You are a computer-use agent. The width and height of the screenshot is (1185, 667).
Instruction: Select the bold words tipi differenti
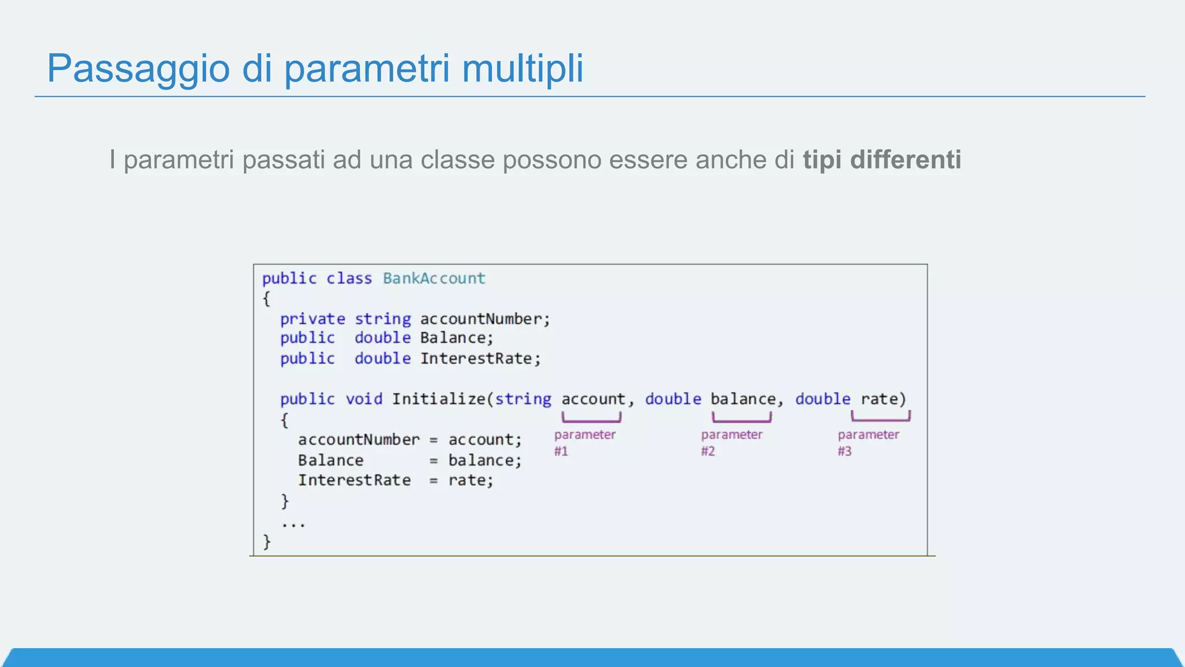882,160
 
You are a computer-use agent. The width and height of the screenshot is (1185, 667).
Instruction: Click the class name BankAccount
434,278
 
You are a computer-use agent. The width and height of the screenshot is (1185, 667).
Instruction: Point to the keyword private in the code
312,319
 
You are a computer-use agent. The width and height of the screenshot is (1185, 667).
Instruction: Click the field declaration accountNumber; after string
485,319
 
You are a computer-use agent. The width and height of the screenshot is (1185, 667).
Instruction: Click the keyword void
364,399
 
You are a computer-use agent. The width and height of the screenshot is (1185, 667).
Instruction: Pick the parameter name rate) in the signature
883,399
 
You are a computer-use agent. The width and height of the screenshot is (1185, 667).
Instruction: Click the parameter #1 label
584,442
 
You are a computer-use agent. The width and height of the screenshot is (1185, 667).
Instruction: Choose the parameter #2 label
731,442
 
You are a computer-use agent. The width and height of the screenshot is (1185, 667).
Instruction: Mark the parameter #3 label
868,442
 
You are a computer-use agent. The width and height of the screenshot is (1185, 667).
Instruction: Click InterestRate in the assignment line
354,481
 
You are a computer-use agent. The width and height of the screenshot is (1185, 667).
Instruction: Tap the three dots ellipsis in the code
293,525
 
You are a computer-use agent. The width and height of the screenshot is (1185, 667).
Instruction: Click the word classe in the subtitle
458,160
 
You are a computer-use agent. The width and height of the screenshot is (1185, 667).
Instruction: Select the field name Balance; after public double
457,338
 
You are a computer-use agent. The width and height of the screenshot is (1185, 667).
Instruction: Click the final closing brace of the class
267,542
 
